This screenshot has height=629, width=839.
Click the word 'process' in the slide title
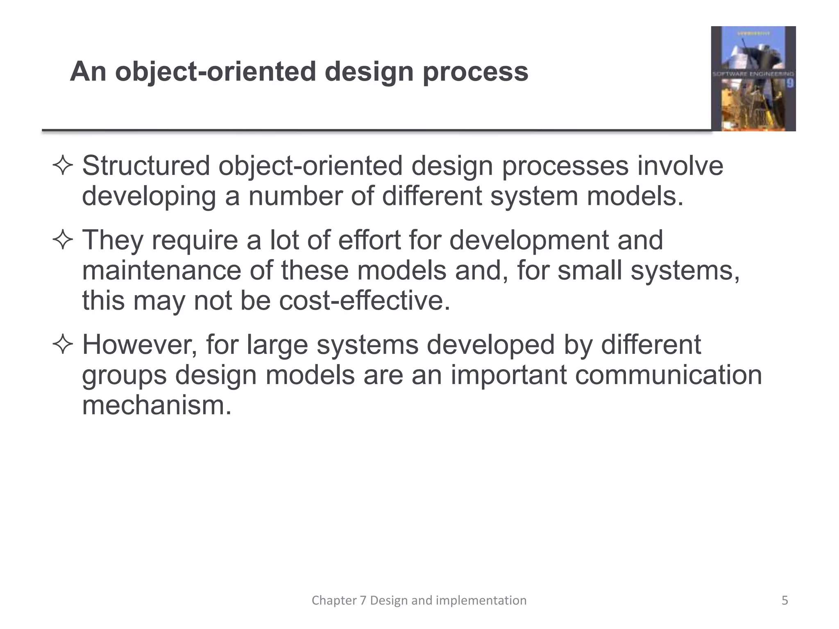pos(475,72)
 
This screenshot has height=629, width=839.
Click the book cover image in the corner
pos(753,79)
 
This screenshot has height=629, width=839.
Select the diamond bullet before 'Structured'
pos(63,166)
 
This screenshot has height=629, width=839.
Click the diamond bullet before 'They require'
pos(63,240)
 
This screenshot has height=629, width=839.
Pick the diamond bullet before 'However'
pos(63,345)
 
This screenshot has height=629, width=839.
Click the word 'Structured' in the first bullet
pos(146,166)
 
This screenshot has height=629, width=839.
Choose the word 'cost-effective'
pos(365,301)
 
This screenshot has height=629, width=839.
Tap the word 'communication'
pos(668,375)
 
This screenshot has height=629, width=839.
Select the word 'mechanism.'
pos(157,405)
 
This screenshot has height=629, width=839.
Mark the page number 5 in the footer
pos(785,600)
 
